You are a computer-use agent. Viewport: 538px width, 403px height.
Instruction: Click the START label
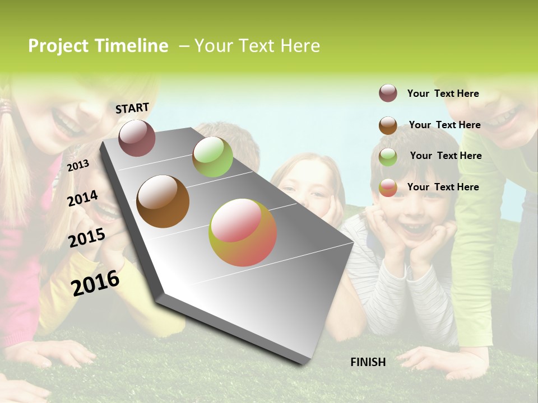point(132,108)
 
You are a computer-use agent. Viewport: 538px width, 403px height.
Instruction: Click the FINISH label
point(368,362)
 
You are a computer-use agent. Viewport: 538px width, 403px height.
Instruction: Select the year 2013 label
point(78,165)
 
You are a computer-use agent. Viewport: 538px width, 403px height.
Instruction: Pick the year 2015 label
point(87,238)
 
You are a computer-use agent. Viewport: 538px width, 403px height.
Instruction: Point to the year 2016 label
point(95,283)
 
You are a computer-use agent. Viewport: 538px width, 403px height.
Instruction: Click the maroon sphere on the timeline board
point(137,138)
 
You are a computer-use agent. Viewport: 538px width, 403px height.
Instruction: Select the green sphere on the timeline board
point(212,157)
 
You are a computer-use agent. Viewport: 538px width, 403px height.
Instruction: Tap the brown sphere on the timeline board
point(163,201)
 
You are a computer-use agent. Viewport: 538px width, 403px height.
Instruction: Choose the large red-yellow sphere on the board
point(243,232)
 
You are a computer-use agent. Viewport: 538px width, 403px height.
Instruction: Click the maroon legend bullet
point(388,93)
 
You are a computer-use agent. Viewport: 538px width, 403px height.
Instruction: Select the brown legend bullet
point(388,125)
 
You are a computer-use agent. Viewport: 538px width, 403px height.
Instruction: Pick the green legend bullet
point(388,157)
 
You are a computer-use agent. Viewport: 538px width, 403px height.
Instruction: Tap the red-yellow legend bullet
point(388,188)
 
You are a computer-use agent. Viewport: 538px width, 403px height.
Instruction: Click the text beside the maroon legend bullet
point(443,93)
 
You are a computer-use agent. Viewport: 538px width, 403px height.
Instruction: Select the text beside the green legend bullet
point(446,156)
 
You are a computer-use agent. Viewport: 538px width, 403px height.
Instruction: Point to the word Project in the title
point(59,46)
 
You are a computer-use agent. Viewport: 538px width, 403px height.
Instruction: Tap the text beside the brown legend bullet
point(444,125)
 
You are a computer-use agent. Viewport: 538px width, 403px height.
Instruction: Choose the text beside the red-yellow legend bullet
point(443,187)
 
